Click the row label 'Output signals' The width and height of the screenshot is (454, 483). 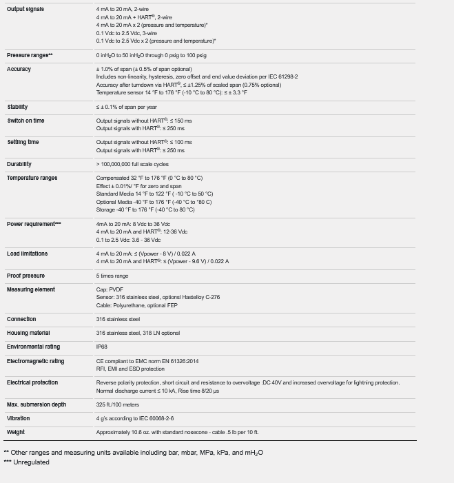click(25, 10)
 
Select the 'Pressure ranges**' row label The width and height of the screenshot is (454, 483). click(30, 55)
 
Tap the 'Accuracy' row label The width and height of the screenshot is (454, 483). click(19, 70)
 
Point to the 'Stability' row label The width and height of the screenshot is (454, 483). click(18, 107)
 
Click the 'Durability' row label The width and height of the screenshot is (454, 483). click(19, 164)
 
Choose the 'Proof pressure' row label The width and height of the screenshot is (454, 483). click(25, 276)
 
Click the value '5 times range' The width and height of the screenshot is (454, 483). click(112, 276)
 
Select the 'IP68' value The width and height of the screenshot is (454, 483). click(102, 347)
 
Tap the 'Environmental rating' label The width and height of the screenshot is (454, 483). click(33, 347)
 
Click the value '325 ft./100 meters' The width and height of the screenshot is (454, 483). click(118, 404)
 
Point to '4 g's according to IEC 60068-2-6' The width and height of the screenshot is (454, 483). click(135, 418)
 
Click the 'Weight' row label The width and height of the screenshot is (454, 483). click(16, 432)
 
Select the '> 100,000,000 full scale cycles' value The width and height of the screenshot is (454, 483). click(132, 164)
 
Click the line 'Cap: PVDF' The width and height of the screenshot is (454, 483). click(110, 289)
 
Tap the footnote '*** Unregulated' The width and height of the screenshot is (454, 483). click(27, 462)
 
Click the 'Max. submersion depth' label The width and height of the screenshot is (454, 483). click(37, 404)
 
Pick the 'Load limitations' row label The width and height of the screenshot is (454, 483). click(28, 254)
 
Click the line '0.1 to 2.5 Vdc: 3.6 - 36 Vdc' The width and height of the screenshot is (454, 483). click(128, 240)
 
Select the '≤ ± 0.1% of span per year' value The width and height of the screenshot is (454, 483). click(127, 107)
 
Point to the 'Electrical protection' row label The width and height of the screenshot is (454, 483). click(32, 382)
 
